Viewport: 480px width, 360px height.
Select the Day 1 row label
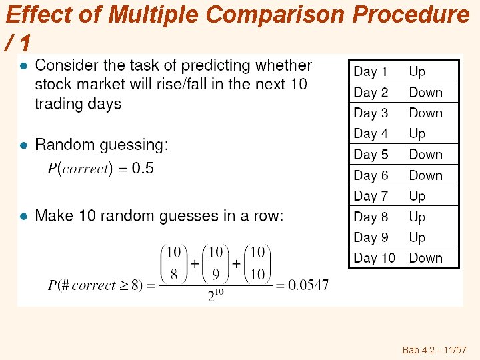(x=371, y=71)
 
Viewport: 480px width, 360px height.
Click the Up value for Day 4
(x=417, y=133)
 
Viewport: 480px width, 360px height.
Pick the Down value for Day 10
(x=425, y=258)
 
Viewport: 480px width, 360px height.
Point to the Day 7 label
(x=371, y=196)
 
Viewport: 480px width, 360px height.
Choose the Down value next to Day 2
(x=425, y=92)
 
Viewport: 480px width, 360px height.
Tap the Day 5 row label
(x=371, y=154)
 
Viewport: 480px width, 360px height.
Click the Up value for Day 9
(x=417, y=237)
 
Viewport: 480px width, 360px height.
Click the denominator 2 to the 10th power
(x=214, y=296)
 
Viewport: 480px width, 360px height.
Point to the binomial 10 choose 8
(x=173, y=265)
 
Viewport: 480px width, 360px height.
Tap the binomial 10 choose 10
(x=257, y=265)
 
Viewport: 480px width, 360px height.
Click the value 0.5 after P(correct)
(x=143, y=168)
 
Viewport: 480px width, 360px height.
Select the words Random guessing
(x=99, y=145)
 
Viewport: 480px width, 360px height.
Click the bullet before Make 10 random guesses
(x=23, y=216)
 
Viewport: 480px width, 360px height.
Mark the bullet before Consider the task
(x=23, y=65)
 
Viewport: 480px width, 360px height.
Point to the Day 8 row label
(x=371, y=217)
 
